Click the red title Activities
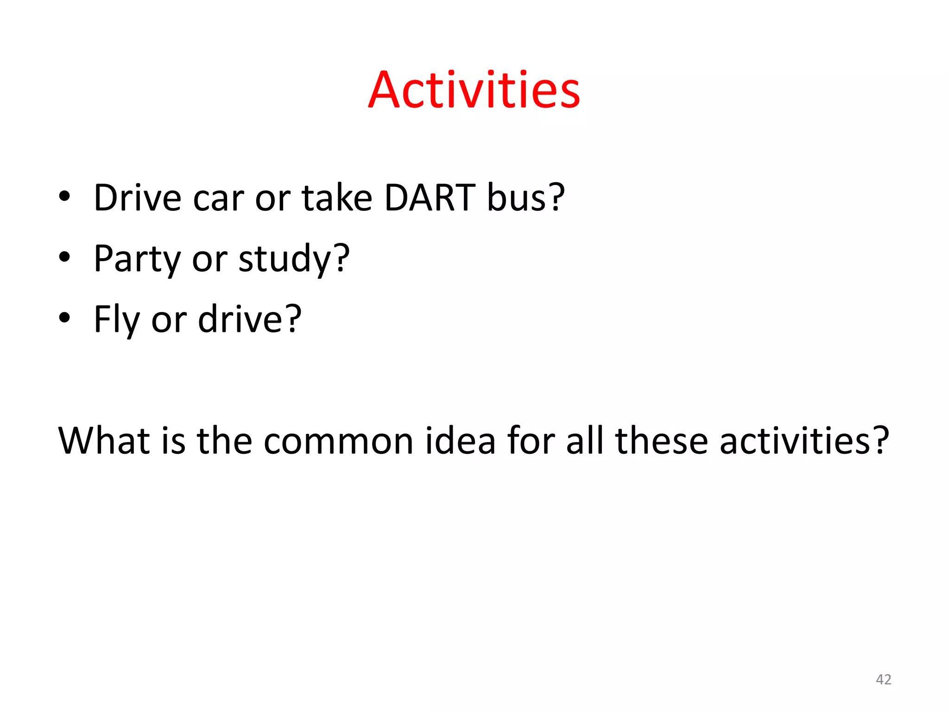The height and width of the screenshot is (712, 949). pyautogui.click(x=474, y=90)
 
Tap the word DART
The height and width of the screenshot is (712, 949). pyautogui.click(x=430, y=198)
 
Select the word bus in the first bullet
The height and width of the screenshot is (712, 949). pyautogui.click(x=525, y=198)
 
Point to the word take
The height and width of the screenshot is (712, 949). pyautogui.click(x=337, y=198)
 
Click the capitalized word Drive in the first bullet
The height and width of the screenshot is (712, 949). pyautogui.click(x=137, y=198)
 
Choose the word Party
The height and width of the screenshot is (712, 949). pyautogui.click(x=137, y=259)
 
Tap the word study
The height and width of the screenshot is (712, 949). pyautogui.click(x=293, y=259)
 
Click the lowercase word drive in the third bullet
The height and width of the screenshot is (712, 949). pyautogui.click(x=249, y=319)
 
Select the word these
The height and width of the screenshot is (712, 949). pyautogui.click(x=661, y=440)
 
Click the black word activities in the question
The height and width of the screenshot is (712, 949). pyautogui.click(x=804, y=440)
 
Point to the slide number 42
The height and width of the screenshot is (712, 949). pyautogui.click(x=883, y=680)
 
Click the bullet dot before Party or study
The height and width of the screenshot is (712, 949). pyautogui.click(x=64, y=257)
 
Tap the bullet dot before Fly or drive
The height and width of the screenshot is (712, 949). pyautogui.click(x=64, y=318)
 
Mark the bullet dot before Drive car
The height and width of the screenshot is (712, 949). pyautogui.click(x=64, y=196)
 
